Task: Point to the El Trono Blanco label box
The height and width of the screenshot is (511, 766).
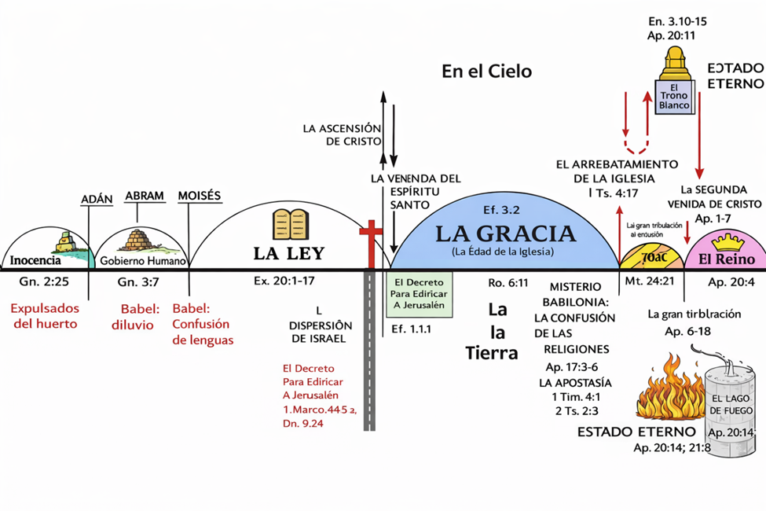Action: tap(674, 96)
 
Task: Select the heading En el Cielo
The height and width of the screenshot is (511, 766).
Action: tap(486, 72)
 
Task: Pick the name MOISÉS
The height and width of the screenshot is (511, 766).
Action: tap(199, 196)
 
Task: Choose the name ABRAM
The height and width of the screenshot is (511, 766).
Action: tap(144, 196)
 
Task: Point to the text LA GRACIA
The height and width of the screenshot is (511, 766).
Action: tap(505, 234)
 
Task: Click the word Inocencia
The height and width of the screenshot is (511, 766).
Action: tap(35, 259)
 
